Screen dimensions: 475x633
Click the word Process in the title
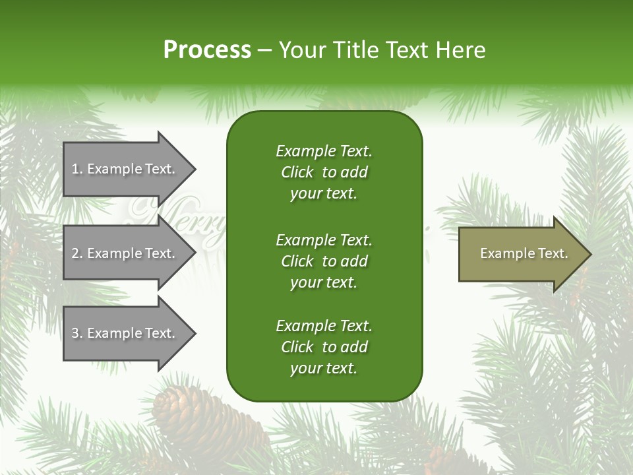(x=207, y=50)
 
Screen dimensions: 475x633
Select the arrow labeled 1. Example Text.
(x=125, y=169)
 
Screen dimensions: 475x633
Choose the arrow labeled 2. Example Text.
(x=125, y=253)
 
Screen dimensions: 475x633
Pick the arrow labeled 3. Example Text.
(x=125, y=333)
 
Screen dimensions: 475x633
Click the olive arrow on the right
(x=521, y=254)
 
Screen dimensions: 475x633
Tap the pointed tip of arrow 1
(x=194, y=169)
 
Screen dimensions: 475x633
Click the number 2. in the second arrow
(x=77, y=253)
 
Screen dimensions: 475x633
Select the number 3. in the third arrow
(x=77, y=333)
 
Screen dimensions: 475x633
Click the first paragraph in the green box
(x=324, y=172)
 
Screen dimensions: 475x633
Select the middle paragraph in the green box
(x=324, y=261)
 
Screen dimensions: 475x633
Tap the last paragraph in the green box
(x=324, y=347)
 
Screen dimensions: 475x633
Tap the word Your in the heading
(x=303, y=50)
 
